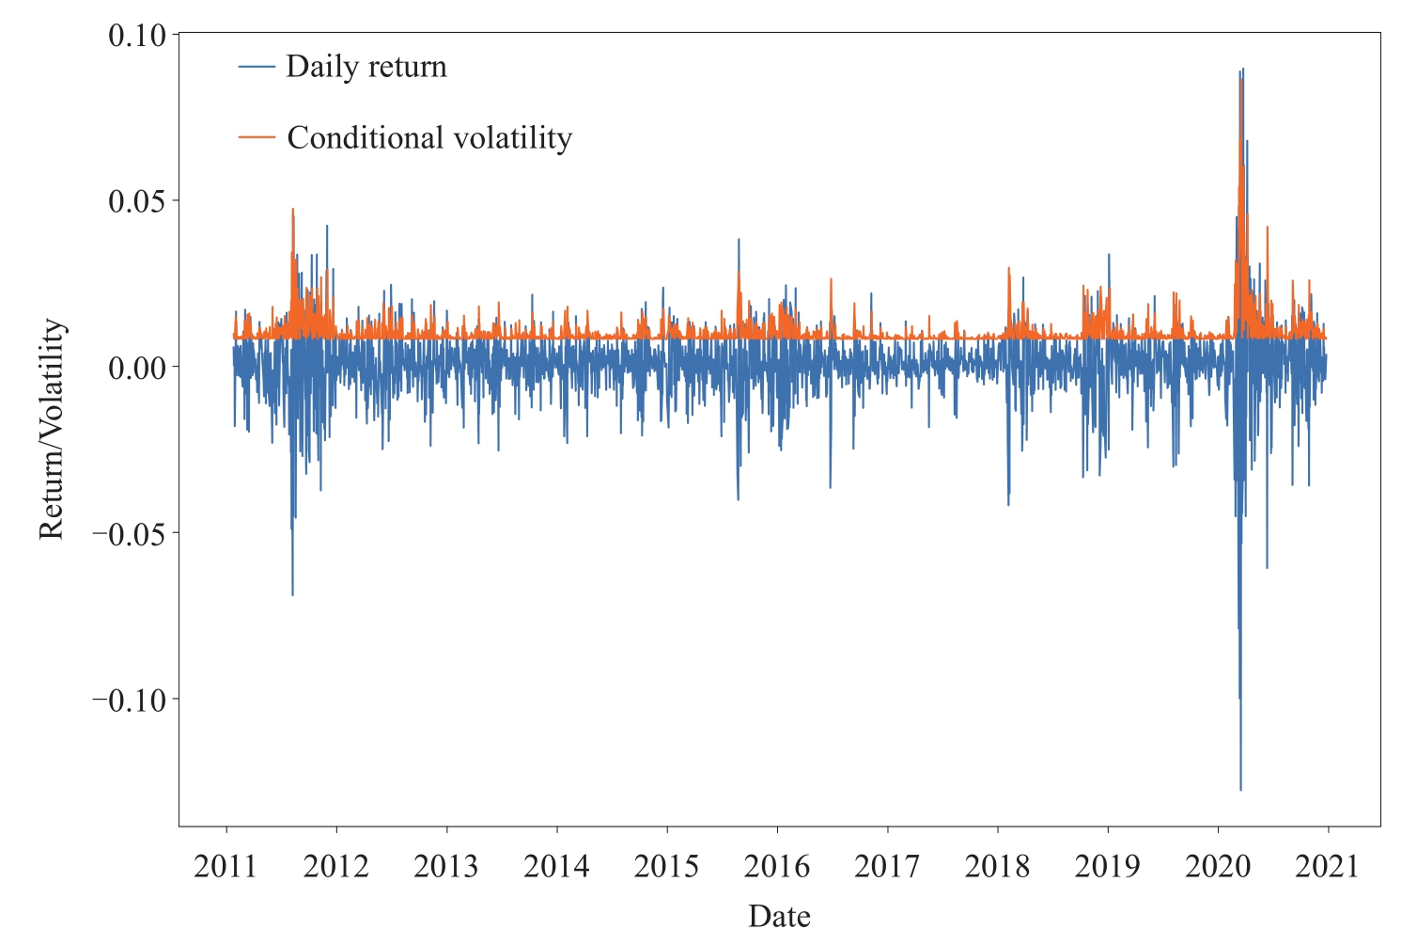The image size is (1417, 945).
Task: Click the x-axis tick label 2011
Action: [226, 866]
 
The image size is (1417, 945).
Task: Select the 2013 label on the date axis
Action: [446, 866]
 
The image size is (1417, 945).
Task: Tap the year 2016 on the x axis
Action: [777, 866]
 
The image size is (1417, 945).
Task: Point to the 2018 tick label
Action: [997, 866]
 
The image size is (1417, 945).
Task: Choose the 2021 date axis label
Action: [1328, 866]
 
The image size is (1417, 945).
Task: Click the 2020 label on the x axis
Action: [1218, 866]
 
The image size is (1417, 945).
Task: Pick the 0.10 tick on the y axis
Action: [136, 36]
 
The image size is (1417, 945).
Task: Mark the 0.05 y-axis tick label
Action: [136, 201]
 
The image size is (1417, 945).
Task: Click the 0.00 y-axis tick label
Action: [136, 368]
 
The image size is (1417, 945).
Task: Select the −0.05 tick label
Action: [129, 534]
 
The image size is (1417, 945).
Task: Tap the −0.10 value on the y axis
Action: [129, 701]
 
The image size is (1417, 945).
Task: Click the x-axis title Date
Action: [779, 916]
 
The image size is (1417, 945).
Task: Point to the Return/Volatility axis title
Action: [52, 429]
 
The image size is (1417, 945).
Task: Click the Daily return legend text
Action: [366, 67]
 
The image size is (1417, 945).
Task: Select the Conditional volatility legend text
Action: [429, 138]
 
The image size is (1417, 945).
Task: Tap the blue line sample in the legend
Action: [257, 67]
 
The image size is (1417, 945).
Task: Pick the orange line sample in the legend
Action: [257, 138]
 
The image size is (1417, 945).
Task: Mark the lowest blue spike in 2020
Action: [1240, 789]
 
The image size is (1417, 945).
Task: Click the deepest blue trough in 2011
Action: [292, 594]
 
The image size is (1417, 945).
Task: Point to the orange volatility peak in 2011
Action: [292, 210]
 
